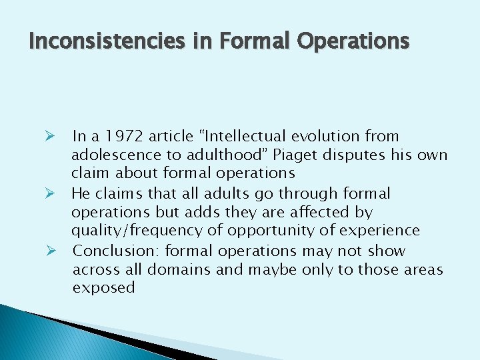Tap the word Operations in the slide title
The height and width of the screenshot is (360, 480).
point(353,41)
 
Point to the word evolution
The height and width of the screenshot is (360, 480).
point(327,137)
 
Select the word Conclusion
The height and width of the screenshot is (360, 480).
point(115,251)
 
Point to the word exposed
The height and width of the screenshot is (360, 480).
point(103,288)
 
